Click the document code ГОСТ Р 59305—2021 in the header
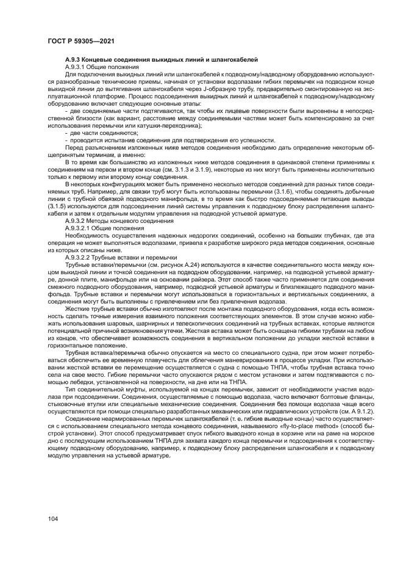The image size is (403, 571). (x=82, y=41)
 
